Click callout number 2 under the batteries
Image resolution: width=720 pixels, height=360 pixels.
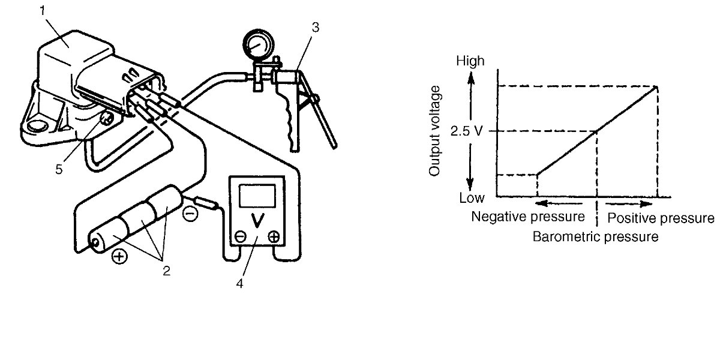[x=166, y=270]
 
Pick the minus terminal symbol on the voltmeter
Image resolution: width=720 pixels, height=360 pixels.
[x=239, y=237]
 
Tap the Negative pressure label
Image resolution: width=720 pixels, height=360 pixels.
[x=527, y=216]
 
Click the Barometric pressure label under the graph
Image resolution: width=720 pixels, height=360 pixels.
[x=595, y=236]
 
